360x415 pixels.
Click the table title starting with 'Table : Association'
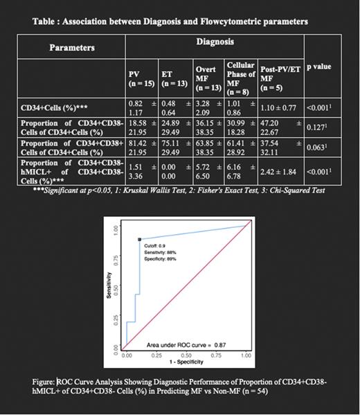(x=170, y=22)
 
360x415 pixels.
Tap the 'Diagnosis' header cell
(x=214, y=42)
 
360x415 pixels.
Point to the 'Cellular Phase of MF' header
(x=240, y=78)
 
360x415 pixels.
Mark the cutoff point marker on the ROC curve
(x=141, y=239)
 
